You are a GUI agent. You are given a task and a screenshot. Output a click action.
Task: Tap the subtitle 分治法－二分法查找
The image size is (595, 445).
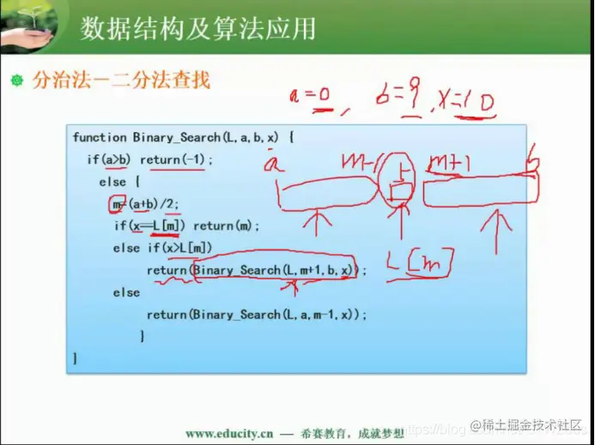pos(121,81)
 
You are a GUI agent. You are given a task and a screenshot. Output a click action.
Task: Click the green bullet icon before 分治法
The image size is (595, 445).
pos(15,81)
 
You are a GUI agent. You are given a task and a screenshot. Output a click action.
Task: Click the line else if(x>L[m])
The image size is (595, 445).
pos(162,248)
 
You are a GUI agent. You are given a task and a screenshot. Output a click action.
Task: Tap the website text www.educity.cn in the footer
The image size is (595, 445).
pos(230,433)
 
